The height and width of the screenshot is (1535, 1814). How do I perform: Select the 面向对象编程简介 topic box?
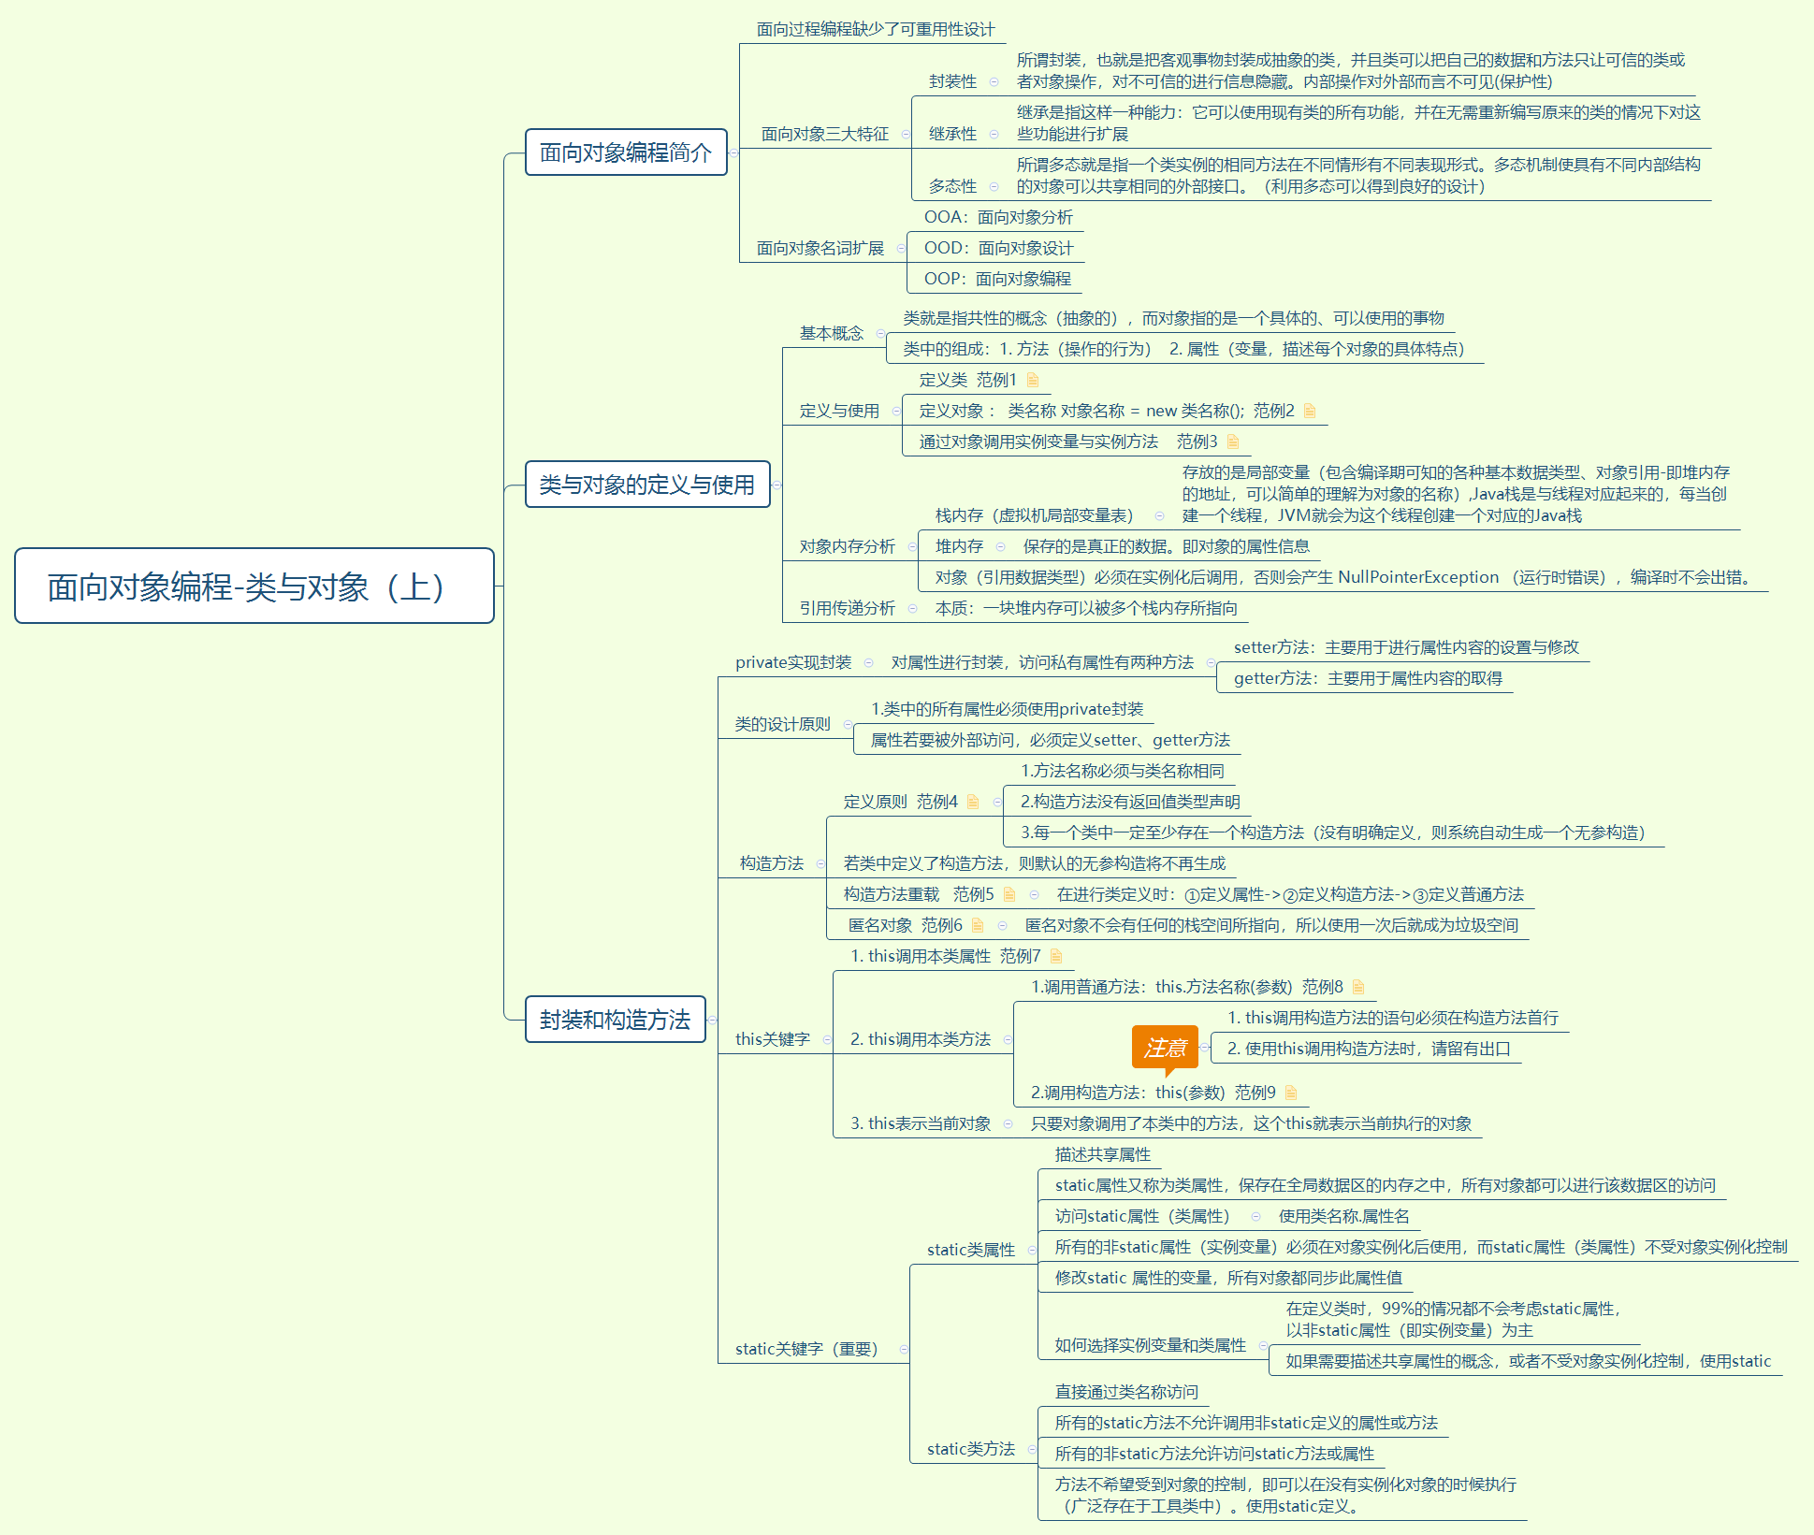pyautogui.click(x=626, y=152)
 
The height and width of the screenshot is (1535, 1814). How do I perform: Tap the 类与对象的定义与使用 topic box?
pyautogui.click(x=646, y=485)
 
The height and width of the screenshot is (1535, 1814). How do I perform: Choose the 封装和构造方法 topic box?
pyautogui.click(x=615, y=1020)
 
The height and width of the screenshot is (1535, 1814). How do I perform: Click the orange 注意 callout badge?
pyautogui.click(x=1165, y=1048)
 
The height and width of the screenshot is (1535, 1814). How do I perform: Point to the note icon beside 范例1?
pyautogui.click(x=1033, y=380)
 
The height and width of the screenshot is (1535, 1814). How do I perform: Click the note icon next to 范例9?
pyautogui.click(x=1291, y=1093)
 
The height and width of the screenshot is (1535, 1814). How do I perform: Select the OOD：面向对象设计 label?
pyautogui.click(x=998, y=248)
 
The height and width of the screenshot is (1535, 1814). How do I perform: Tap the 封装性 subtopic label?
pyautogui.click(x=952, y=81)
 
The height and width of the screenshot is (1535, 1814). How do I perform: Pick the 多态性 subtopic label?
pyautogui.click(x=952, y=186)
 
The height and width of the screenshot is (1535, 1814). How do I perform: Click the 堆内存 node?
pyautogui.click(x=959, y=546)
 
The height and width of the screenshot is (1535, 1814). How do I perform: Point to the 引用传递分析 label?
pyautogui.click(x=847, y=608)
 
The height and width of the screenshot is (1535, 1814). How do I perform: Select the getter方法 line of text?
pyautogui.click(x=1368, y=678)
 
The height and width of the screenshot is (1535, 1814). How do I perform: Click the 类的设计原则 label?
pyautogui.click(x=782, y=724)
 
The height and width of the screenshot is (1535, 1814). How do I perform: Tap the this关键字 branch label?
pyautogui.click(x=772, y=1039)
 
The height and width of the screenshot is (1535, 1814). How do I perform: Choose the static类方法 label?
pyautogui.click(x=970, y=1449)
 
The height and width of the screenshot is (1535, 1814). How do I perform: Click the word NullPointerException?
pyautogui.click(x=1418, y=577)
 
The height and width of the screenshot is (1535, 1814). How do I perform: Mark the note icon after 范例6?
pyautogui.click(x=978, y=925)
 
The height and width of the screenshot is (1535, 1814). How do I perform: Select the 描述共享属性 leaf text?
pyautogui.click(x=1102, y=1154)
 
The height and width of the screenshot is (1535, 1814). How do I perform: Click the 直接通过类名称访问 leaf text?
pyautogui.click(x=1125, y=1392)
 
